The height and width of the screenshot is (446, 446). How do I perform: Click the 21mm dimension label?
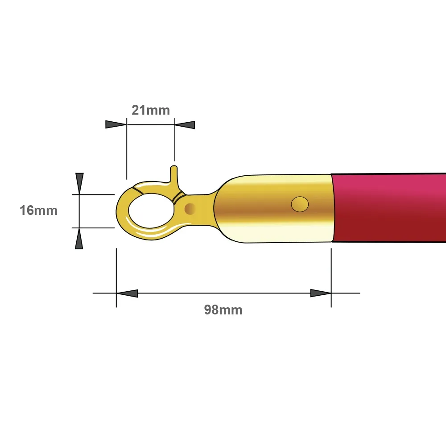[151, 110]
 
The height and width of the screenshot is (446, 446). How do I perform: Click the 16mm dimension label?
[38, 211]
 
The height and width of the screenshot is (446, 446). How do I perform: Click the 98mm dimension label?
[223, 310]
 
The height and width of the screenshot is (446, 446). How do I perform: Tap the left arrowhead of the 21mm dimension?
[116, 124]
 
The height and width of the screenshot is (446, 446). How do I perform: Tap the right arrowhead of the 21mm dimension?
[185, 125]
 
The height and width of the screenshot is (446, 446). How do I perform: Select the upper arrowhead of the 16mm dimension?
[80, 183]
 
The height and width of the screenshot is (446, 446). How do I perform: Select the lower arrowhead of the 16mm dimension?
[79, 239]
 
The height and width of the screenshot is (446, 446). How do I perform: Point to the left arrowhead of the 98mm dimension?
[127, 293]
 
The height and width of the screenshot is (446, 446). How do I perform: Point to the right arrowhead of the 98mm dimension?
[321, 293]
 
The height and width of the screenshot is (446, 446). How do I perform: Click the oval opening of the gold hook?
[151, 211]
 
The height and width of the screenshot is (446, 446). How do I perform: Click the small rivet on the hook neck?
[190, 209]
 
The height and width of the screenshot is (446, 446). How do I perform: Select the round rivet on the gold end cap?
[300, 204]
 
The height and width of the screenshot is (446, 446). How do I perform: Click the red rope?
[389, 208]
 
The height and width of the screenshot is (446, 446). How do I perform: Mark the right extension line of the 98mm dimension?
[331, 277]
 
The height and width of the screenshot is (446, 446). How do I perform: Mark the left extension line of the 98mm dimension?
[116, 277]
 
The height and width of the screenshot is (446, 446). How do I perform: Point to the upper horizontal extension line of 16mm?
[93, 194]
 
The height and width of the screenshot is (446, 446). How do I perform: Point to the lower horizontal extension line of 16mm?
[93, 228]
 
